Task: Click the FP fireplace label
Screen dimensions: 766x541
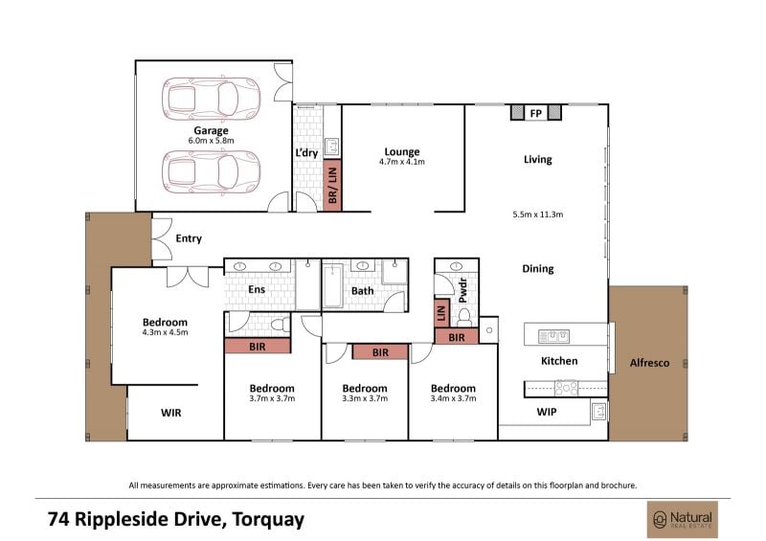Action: pyautogui.click(x=536, y=113)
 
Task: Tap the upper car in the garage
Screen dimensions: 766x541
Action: pyautogui.click(x=211, y=99)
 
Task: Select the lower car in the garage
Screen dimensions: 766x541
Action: pyautogui.click(x=211, y=171)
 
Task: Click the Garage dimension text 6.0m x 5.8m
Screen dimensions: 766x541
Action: pyautogui.click(x=211, y=141)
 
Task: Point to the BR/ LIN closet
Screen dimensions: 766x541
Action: pyautogui.click(x=332, y=185)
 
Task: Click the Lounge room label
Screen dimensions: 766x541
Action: pyautogui.click(x=402, y=152)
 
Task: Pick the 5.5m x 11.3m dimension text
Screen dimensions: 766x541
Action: pyautogui.click(x=538, y=214)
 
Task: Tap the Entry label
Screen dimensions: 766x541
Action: pyautogui.click(x=189, y=238)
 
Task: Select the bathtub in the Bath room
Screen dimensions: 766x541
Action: pyautogui.click(x=332, y=286)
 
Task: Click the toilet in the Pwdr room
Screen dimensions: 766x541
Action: pyautogui.click(x=464, y=318)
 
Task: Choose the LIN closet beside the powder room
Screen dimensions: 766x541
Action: pyautogui.click(x=441, y=313)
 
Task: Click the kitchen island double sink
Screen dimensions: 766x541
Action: pyautogui.click(x=554, y=336)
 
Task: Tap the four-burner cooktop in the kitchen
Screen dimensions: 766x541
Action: pyautogui.click(x=566, y=388)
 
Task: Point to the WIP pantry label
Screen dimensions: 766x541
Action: pyautogui.click(x=547, y=412)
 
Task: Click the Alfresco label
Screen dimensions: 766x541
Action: pyautogui.click(x=649, y=363)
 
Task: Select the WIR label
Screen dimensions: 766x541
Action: pyautogui.click(x=171, y=413)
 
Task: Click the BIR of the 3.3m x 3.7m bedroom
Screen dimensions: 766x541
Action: pyautogui.click(x=380, y=351)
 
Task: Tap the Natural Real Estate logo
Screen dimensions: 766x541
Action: pyautogui.click(x=683, y=520)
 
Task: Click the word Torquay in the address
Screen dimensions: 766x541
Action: pyautogui.click(x=268, y=520)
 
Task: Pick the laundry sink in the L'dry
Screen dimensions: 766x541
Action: pyautogui.click(x=331, y=147)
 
